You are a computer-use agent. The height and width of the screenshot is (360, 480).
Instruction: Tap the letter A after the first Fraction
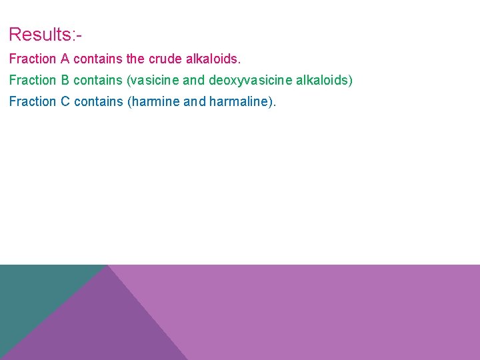65,59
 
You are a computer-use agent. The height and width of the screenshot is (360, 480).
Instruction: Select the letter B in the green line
65,80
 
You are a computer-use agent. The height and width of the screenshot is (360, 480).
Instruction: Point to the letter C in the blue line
65,101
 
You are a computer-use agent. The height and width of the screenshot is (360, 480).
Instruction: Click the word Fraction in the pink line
33,59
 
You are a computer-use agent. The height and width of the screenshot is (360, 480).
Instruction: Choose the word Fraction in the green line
33,80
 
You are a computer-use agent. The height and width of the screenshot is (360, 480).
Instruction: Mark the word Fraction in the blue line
33,101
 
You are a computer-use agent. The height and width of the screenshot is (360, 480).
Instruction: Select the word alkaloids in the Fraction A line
214,59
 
